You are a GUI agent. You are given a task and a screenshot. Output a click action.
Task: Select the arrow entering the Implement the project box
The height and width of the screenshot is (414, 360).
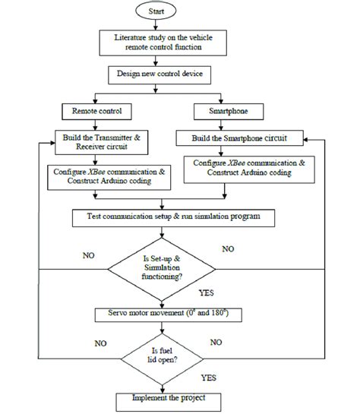pos(173,385)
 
